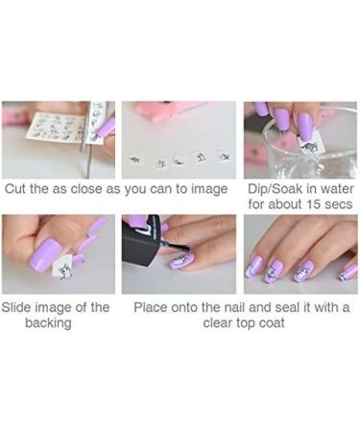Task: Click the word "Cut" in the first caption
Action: pos(17,189)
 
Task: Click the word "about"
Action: pos(268,204)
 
